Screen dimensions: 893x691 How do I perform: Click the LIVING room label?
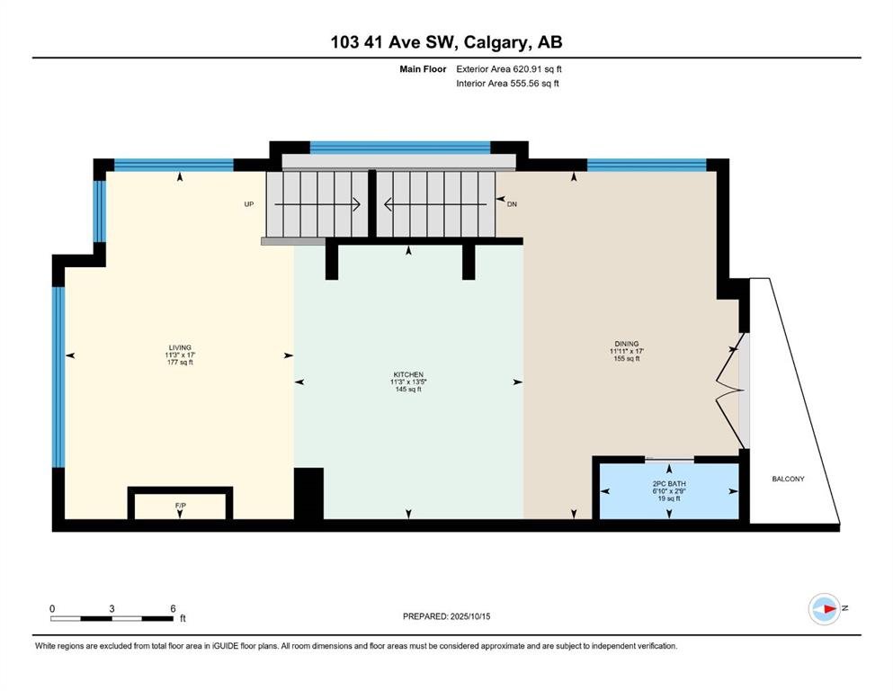[180, 347]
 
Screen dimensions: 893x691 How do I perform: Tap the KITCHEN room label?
[408, 375]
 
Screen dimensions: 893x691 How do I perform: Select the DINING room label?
[627, 344]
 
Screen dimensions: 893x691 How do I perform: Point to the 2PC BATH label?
[669, 484]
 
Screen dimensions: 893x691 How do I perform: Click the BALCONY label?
[788, 479]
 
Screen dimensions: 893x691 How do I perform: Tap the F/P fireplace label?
[181, 506]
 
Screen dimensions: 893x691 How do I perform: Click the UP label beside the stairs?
[249, 204]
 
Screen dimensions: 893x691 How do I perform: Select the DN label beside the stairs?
[512, 204]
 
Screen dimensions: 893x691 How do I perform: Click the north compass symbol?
[825, 609]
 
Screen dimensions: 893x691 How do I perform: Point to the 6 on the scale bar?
[174, 608]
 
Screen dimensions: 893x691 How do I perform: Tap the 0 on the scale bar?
[52, 608]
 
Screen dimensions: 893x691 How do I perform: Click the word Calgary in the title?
[495, 42]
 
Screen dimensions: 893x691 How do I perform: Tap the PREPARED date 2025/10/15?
[469, 616]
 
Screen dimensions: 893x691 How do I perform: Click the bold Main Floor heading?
[423, 69]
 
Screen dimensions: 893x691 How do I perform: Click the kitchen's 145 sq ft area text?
[408, 390]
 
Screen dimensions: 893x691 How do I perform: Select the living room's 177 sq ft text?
[180, 363]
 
